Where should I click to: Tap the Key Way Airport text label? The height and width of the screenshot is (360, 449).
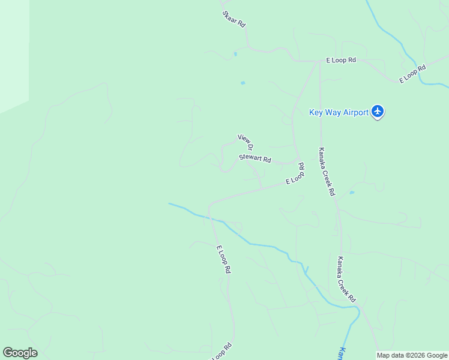tap(339, 112)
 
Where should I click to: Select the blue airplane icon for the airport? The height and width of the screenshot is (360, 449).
tap(378, 111)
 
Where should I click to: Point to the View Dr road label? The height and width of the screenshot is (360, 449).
tap(246, 142)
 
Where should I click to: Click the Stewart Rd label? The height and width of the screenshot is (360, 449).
tap(255, 159)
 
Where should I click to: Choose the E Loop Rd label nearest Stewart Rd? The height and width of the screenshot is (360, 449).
tap(295, 174)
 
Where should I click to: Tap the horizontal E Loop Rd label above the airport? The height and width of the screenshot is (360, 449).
tap(341, 61)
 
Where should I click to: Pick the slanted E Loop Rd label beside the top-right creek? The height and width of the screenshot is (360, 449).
tap(413, 73)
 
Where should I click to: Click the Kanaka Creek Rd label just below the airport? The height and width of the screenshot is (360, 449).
tap(327, 172)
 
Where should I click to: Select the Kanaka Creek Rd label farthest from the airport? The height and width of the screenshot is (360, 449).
tap(346, 279)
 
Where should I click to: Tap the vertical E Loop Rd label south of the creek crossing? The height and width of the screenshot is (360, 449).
tap(223, 259)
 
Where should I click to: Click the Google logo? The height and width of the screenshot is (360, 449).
tap(20, 353)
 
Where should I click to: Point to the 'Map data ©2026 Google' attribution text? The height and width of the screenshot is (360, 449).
tap(412, 355)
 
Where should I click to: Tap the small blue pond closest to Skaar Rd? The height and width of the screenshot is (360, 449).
tap(235, 54)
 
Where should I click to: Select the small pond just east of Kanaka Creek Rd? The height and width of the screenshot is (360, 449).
tap(352, 193)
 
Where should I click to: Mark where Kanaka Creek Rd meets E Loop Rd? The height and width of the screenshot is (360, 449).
tap(319, 61)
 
